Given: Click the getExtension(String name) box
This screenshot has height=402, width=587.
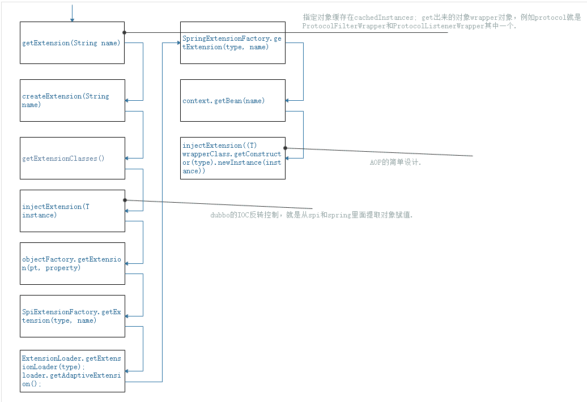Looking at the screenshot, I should (x=72, y=43).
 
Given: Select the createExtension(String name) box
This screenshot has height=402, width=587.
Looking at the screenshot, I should (x=72, y=100).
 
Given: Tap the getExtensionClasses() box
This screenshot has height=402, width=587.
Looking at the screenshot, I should (x=72, y=158).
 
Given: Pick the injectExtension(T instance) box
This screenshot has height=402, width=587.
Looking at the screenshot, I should (x=72, y=211).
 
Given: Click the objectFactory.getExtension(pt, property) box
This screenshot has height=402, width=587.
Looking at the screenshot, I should (x=72, y=263).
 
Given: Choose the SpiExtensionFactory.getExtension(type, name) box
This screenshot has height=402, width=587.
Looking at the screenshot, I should (x=72, y=316).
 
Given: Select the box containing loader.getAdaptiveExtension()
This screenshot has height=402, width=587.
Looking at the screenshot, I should (x=72, y=371).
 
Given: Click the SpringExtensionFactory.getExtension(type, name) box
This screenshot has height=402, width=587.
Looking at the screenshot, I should (x=232, y=43).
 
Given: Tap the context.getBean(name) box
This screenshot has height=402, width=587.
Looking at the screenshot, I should (x=232, y=100).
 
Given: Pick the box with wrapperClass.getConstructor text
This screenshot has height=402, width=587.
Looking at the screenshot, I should (x=232, y=158).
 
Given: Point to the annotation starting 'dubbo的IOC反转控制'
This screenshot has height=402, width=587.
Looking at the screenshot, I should (x=312, y=215).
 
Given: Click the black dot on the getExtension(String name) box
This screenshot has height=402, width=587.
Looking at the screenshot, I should (x=125, y=32).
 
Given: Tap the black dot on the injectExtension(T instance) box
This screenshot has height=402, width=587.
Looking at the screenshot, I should (x=125, y=200).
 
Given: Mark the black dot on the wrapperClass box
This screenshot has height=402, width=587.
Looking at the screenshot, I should (x=285, y=148).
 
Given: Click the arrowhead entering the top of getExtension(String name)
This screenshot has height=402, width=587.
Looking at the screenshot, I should (x=72, y=20).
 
